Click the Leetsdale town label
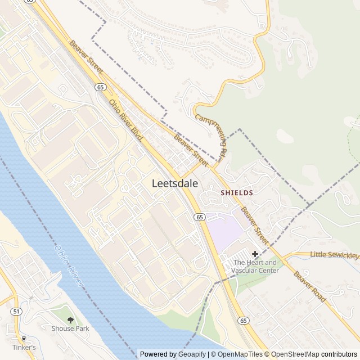tap(174, 183)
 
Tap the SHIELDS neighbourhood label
tap(236, 192)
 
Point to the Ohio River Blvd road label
tap(126, 119)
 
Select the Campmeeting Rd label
tap(211, 135)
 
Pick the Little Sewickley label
tap(334, 255)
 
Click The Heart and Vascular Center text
tap(255, 266)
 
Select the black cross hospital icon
tap(255, 254)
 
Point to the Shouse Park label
tap(70, 328)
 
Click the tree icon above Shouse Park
tap(70, 319)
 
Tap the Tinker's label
tap(24, 347)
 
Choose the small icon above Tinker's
tap(24, 339)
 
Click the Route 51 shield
tap(16, 311)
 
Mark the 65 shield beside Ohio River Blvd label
tap(100, 87)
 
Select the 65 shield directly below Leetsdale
tap(200, 217)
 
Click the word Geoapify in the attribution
tap(192, 354)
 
